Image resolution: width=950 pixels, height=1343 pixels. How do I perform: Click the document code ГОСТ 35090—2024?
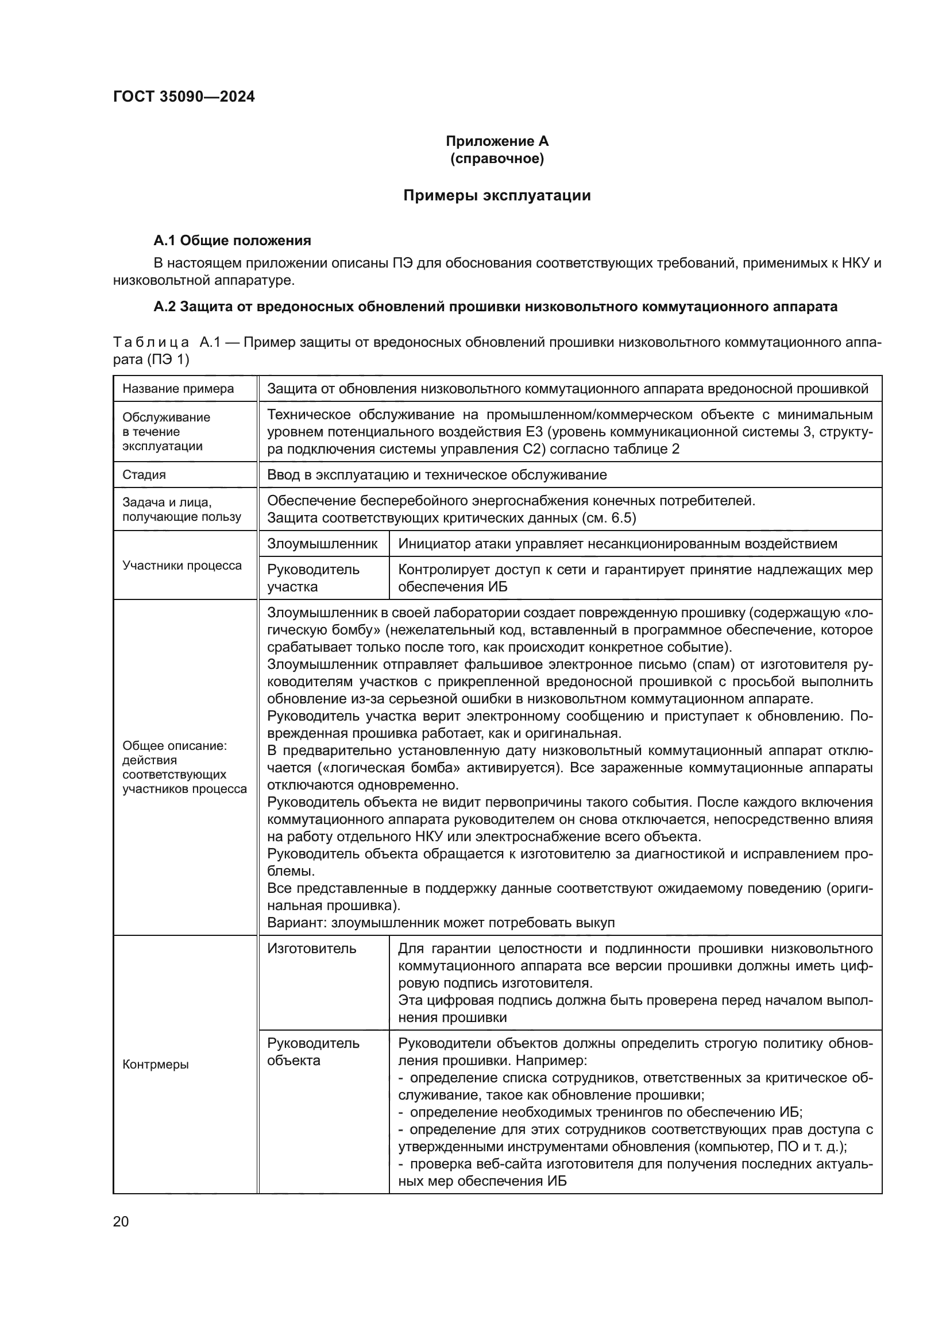click(184, 96)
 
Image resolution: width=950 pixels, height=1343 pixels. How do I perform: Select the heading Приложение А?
click(497, 141)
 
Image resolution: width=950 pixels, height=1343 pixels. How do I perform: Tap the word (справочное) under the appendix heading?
click(497, 158)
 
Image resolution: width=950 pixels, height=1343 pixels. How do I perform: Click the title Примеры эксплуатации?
click(497, 195)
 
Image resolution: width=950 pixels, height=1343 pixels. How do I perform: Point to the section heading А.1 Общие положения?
click(232, 241)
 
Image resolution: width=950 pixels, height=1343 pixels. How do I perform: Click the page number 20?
click(121, 1221)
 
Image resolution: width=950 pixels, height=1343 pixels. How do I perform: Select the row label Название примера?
click(178, 389)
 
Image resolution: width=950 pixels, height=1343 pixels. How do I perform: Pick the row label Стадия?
click(144, 474)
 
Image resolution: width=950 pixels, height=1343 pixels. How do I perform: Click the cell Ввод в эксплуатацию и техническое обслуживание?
click(437, 474)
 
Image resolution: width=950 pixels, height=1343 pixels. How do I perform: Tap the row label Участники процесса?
click(182, 566)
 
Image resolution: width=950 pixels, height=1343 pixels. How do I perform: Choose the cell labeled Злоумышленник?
click(322, 543)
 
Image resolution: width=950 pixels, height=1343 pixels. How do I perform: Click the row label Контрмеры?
click(156, 1065)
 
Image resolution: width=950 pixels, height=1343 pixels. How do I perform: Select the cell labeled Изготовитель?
click(311, 949)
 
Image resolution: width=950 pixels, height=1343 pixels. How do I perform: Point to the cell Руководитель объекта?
click(313, 1052)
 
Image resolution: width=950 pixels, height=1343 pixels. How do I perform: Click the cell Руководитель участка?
click(313, 578)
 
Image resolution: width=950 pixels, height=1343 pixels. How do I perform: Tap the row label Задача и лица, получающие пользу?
click(181, 509)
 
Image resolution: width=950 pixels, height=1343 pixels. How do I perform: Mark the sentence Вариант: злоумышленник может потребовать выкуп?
click(441, 923)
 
